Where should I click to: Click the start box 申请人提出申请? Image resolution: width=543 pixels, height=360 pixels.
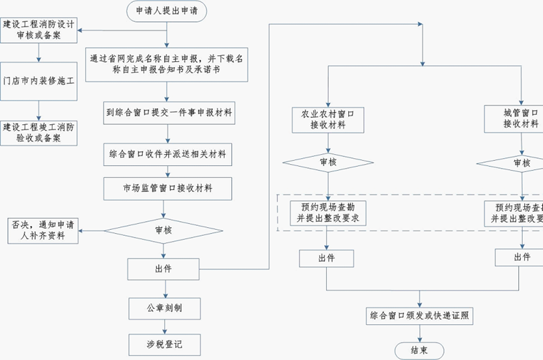coord(167,10)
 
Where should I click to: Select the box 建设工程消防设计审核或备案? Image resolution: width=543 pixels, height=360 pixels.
coord(39,30)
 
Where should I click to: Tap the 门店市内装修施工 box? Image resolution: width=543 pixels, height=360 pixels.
coord(39,81)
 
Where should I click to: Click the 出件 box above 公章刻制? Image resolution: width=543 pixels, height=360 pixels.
coord(163,268)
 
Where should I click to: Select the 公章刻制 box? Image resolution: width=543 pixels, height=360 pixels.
coord(163,306)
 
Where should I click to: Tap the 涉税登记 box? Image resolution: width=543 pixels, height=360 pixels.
coord(163,344)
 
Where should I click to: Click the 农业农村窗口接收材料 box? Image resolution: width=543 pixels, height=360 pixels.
coord(327,119)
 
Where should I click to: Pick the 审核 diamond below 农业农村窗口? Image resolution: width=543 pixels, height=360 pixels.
coord(327,163)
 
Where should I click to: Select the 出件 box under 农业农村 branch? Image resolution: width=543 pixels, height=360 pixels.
coord(327,258)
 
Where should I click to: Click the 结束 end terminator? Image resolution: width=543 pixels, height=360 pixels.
coord(420,350)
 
